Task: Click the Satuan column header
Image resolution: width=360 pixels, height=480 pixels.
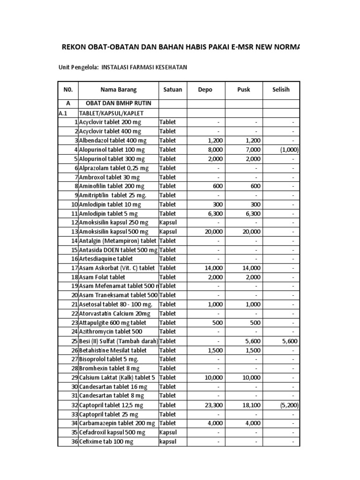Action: click(172, 90)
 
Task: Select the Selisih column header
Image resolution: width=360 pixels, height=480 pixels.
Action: click(281, 90)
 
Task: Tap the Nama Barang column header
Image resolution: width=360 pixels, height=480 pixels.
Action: click(119, 90)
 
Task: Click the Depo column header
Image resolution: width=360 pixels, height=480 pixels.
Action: click(205, 90)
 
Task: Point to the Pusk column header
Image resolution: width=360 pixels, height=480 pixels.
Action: click(243, 90)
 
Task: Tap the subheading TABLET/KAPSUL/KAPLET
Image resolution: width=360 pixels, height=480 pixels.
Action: click(111, 113)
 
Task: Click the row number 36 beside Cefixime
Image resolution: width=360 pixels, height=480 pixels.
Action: click(74, 442)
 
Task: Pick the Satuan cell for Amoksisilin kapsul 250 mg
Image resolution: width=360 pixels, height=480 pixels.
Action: click(168, 223)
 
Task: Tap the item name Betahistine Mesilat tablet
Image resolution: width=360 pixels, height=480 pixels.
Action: click(112, 350)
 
